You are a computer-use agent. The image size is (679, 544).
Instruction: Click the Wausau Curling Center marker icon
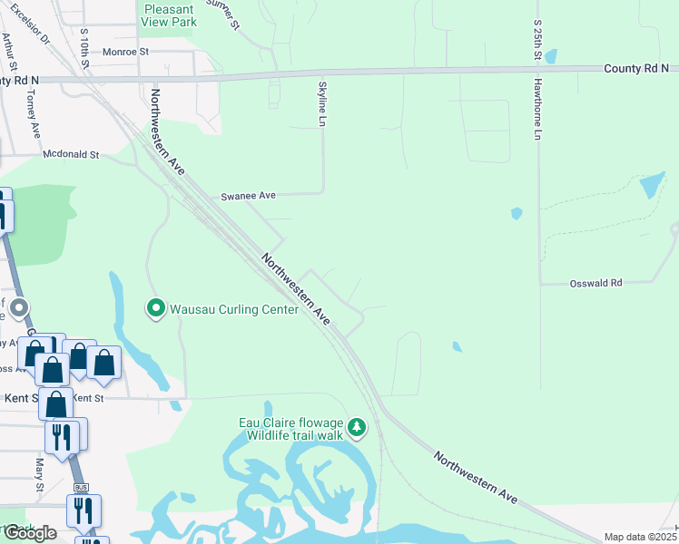click(155, 309)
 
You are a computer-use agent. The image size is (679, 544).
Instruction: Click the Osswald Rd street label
click(595, 283)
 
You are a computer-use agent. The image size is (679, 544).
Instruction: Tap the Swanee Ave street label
click(248, 196)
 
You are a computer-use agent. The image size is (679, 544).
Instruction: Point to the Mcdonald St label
click(71, 155)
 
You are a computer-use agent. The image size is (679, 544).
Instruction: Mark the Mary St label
click(40, 473)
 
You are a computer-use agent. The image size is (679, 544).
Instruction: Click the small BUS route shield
click(81, 488)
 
